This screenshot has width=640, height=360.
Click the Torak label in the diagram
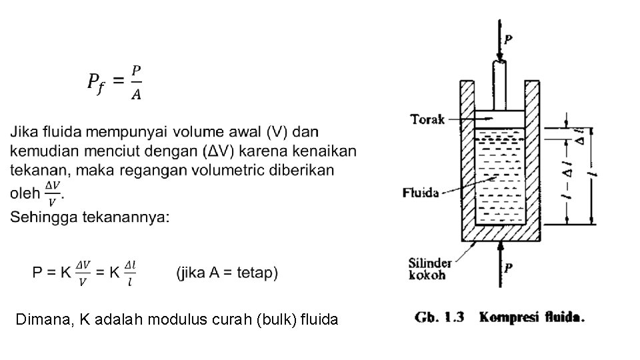(x=427, y=119)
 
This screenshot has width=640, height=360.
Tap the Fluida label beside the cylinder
(x=421, y=193)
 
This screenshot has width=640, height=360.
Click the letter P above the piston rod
(x=508, y=39)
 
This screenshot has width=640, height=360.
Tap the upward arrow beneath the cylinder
(x=499, y=267)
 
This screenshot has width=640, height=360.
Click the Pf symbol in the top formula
(x=96, y=82)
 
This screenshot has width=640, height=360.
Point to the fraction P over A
(x=135, y=82)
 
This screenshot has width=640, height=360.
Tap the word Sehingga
(x=41, y=217)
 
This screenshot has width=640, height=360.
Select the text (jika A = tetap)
(x=227, y=273)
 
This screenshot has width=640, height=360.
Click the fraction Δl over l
(x=131, y=273)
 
